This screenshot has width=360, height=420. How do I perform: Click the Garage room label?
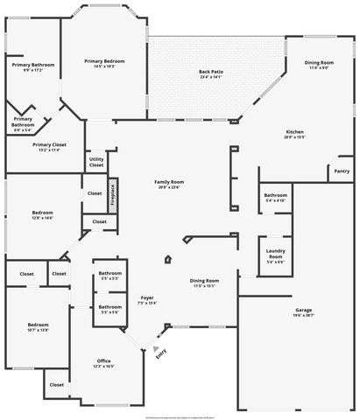(304, 310)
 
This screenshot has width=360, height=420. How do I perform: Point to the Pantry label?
(342, 171)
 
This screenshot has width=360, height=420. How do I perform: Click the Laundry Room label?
(275, 254)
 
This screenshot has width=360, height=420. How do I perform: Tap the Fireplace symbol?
(114, 195)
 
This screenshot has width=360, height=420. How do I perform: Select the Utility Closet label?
(96, 162)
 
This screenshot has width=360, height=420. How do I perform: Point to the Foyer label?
(147, 298)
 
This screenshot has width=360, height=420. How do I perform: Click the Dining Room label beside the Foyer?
(205, 280)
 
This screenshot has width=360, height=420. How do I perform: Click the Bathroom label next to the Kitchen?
(275, 195)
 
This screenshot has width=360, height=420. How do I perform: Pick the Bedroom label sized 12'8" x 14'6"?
(43, 213)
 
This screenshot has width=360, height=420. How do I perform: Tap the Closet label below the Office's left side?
(56, 384)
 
